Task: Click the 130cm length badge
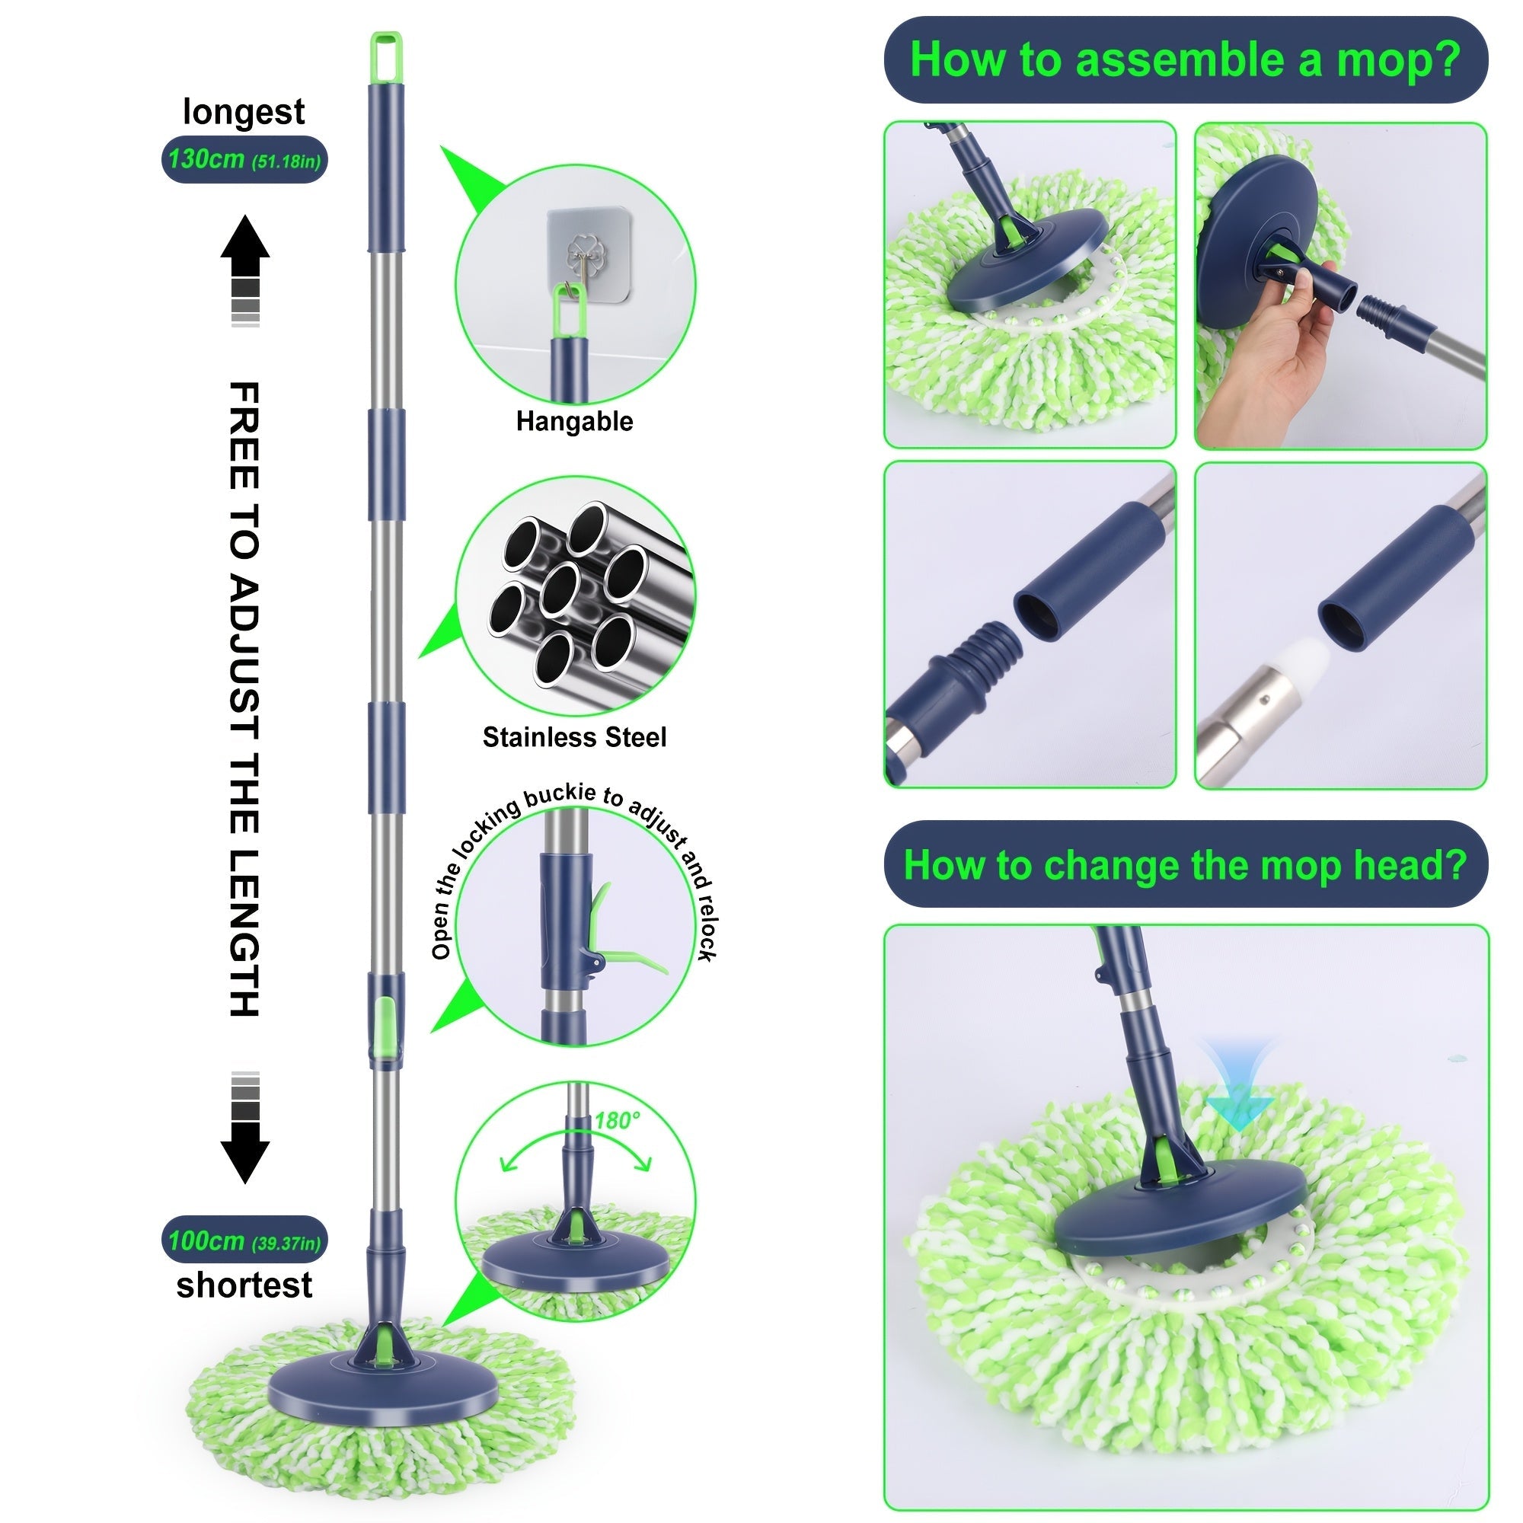coord(244,160)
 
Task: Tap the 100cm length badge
coord(244,1241)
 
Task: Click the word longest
coord(244,112)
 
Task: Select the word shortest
coord(244,1285)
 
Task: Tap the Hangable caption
coord(574,422)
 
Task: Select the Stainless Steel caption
coord(574,738)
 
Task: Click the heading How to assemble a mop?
coord(1185,60)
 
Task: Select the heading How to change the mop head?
coord(1185,865)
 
